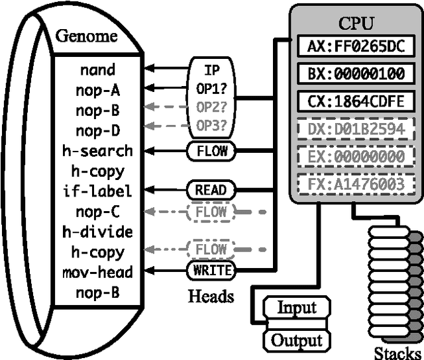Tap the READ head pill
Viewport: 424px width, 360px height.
(x=211, y=191)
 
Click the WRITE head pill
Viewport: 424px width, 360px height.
(x=211, y=271)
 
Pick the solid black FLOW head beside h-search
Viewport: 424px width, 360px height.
(x=211, y=150)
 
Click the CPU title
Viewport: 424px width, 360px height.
(x=356, y=24)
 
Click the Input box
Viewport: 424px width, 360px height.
(x=296, y=308)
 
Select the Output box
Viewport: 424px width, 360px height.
(x=296, y=340)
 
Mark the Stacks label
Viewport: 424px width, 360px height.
(x=397, y=351)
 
